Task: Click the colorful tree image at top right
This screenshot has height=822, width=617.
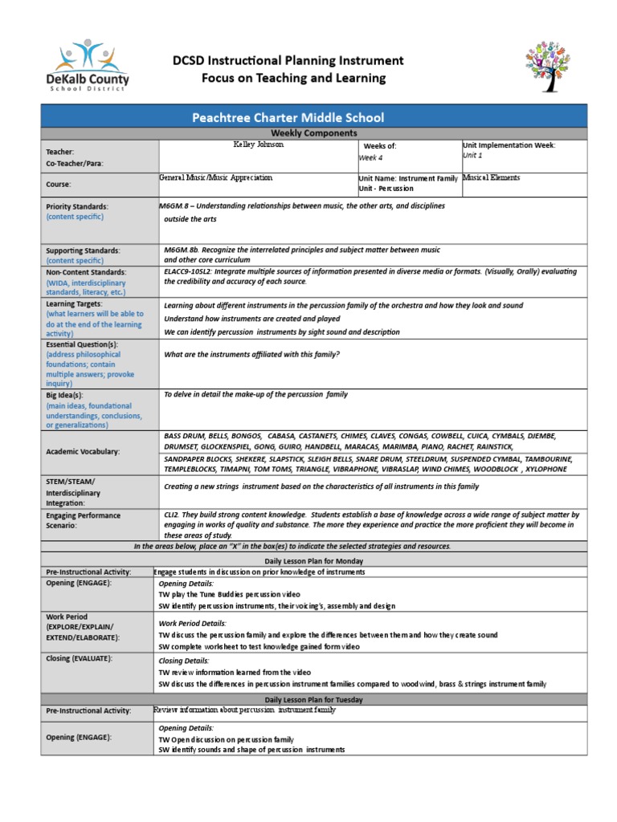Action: click(552, 66)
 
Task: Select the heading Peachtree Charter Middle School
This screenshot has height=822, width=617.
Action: click(288, 117)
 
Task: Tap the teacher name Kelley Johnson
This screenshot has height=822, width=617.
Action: click(258, 145)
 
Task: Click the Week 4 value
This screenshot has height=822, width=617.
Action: click(370, 158)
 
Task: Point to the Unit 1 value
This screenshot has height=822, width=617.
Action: click(472, 156)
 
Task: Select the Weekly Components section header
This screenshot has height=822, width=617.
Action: click(313, 132)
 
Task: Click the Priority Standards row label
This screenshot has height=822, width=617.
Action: click(77, 206)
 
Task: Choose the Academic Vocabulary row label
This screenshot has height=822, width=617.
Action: click(83, 452)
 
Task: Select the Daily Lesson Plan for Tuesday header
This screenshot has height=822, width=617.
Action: click(313, 700)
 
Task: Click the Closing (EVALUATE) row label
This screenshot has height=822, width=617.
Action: click(79, 658)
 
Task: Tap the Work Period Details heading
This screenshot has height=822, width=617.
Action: click(192, 623)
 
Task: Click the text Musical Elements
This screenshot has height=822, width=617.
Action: click(491, 177)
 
